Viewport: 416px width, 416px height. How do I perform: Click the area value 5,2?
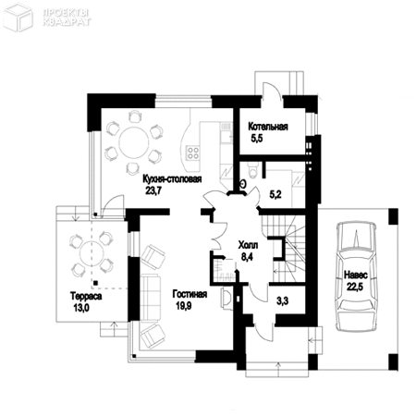[275, 194]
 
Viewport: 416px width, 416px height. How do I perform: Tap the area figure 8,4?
[247, 247]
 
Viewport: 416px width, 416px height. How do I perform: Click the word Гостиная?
[190, 296]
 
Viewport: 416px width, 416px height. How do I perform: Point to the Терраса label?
[74, 297]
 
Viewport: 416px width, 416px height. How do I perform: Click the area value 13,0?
[79, 308]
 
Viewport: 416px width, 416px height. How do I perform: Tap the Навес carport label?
[358, 275]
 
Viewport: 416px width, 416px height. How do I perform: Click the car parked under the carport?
[357, 277]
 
